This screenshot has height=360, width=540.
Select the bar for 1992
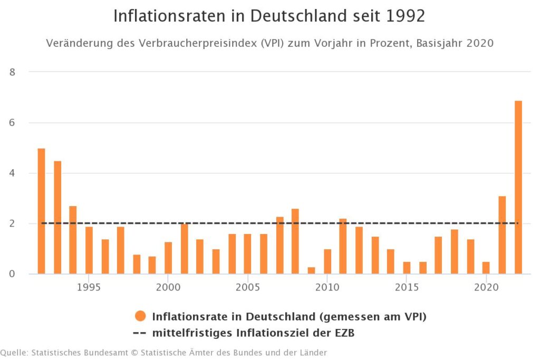[x=41, y=211]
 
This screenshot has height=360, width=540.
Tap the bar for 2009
[x=311, y=270]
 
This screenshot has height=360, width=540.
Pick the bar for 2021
[x=502, y=235]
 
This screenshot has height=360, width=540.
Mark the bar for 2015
[x=407, y=268]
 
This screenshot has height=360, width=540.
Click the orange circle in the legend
[x=140, y=316]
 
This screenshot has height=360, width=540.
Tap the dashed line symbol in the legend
[x=140, y=333]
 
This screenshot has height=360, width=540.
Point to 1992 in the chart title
[x=405, y=16]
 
